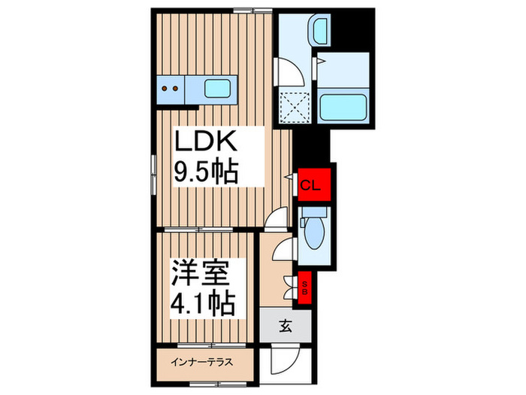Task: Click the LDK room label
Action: pos(207,141)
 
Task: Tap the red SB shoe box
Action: pos(306,286)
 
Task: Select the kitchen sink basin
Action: pos(219,90)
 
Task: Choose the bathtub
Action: pos(343,105)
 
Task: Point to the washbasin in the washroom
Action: pos(320,32)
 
